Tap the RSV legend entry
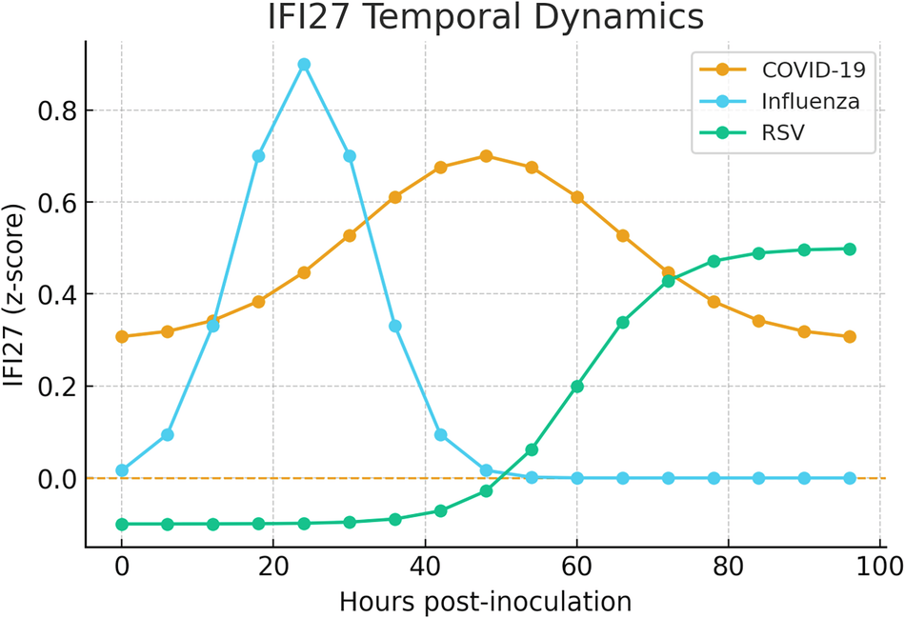[781, 132]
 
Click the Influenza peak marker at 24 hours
[304, 65]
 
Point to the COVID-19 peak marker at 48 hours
[486, 156]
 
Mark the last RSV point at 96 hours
[850, 249]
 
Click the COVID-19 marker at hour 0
[122, 337]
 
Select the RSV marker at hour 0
[122, 524]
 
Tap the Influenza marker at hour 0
[122, 470]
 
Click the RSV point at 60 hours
[577, 387]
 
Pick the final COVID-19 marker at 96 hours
[850, 337]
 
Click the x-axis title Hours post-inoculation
[486, 601]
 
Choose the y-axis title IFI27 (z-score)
[16, 294]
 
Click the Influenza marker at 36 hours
[395, 326]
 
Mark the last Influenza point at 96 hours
[850, 478]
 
